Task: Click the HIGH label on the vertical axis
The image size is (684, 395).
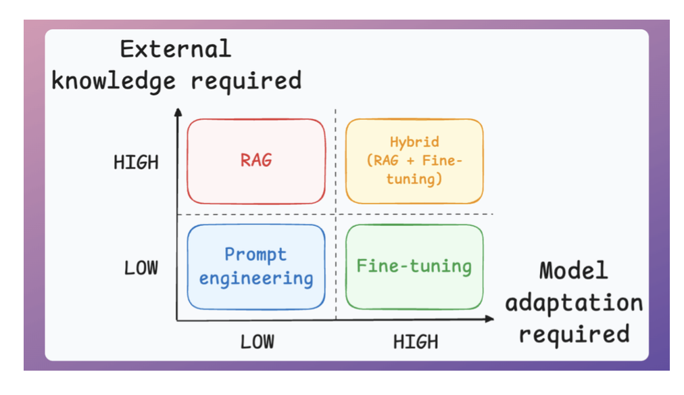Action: [136, 162]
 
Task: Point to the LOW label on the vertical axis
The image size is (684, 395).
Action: [141, 268]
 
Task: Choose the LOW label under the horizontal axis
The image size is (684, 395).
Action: [258, 342]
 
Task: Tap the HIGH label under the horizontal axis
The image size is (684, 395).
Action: [416, 342]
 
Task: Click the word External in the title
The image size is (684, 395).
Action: [175, 49]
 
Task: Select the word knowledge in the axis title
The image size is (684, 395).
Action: [114, 80]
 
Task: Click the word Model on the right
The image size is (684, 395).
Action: [573, 271]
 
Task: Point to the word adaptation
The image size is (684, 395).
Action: [574, 302]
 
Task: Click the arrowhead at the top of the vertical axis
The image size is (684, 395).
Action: [177, 111]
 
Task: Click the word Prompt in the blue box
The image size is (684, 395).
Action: [255, 255]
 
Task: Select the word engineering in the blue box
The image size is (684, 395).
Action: [256, 278]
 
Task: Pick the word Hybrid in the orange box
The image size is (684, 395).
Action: [414, 142]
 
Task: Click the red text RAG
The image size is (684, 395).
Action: [255, 160]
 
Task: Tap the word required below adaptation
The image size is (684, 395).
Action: [574, 334]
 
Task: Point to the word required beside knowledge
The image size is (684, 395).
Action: [245, 80]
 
